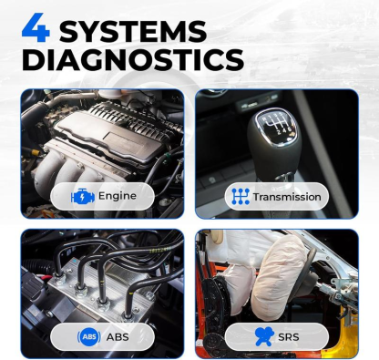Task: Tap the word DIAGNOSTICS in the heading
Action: pyautogui.click(x=132, y=61)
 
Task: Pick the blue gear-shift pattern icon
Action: pyautogui.click(x=241, y=196)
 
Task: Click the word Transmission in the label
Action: pyautogui.click(x=287, y=196)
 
